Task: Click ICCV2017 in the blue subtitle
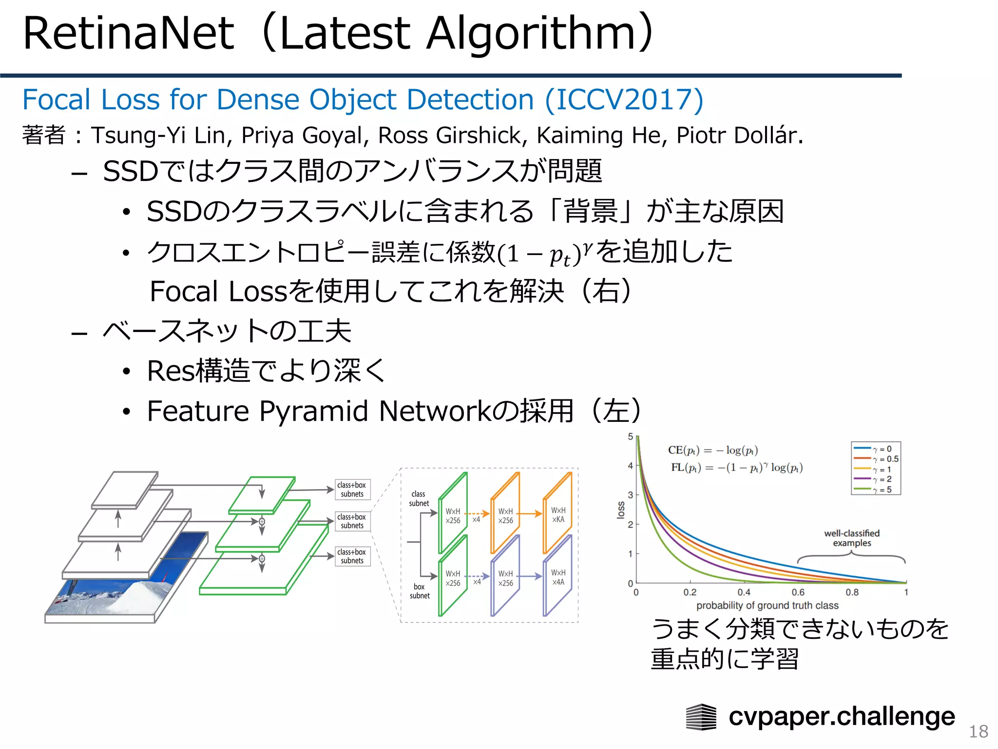(624, 100)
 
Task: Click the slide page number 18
(978, 731)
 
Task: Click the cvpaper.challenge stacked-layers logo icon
(701, 717)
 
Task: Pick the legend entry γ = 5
(882, 490)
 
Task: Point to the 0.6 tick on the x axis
(798, 592)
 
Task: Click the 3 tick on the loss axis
(630, 495)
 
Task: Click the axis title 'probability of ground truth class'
(767, 606)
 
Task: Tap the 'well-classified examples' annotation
(851, 538)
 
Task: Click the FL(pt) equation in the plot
(736, 468)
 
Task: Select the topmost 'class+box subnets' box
(352, 490)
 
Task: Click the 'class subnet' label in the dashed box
(419, 498)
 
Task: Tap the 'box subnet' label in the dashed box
(419, 591)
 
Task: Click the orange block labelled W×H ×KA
(558, 514)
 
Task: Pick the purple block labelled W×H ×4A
(558, 577)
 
